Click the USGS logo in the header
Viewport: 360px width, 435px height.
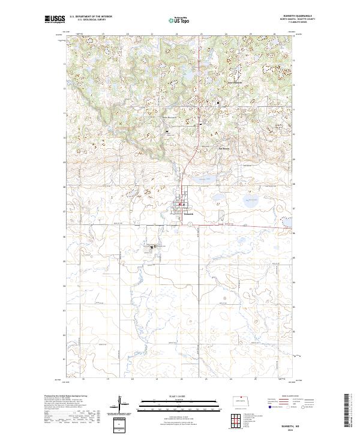(x=55, y=19)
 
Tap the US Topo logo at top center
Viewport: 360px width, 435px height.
(x=180, y=20)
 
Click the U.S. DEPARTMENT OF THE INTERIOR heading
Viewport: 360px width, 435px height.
(x=91, y=17)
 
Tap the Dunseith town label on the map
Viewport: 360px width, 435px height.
(x=188, y=213)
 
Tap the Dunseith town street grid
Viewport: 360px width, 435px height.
(x=181, y=206)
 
